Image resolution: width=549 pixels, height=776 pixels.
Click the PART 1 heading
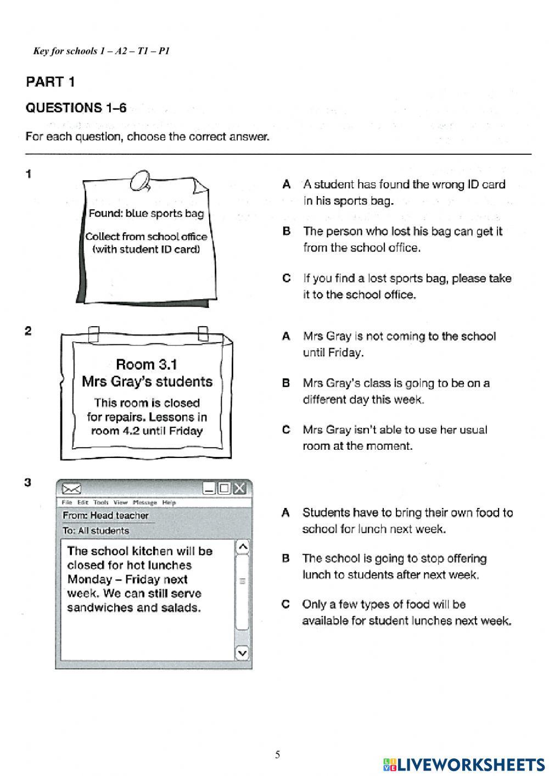50,82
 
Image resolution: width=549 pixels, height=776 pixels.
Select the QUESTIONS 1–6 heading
76,108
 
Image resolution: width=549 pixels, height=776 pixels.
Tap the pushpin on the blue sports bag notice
140,180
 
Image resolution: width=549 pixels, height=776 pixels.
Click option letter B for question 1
286,232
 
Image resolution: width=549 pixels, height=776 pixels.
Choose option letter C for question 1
286,278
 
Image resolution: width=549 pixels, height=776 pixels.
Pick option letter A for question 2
286,337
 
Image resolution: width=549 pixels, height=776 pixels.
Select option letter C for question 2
286,430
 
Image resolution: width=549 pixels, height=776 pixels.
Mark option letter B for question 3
285,559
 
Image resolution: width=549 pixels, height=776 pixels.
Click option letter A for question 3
285,513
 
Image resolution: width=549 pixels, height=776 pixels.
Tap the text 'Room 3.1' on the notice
146,365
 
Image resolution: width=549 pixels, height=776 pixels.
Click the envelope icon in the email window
72,489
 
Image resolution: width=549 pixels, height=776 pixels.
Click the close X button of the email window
239,488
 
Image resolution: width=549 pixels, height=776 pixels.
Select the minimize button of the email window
209,488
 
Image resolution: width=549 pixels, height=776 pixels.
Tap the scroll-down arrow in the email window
242,652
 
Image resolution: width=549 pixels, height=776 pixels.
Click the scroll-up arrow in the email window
242,546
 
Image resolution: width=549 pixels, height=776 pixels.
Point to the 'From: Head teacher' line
105,516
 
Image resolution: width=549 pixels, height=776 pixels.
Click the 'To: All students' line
96,531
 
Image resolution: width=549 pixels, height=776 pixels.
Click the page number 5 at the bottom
277,755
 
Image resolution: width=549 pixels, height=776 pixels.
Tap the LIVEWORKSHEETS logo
464,764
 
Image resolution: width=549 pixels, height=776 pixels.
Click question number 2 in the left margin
28,331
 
